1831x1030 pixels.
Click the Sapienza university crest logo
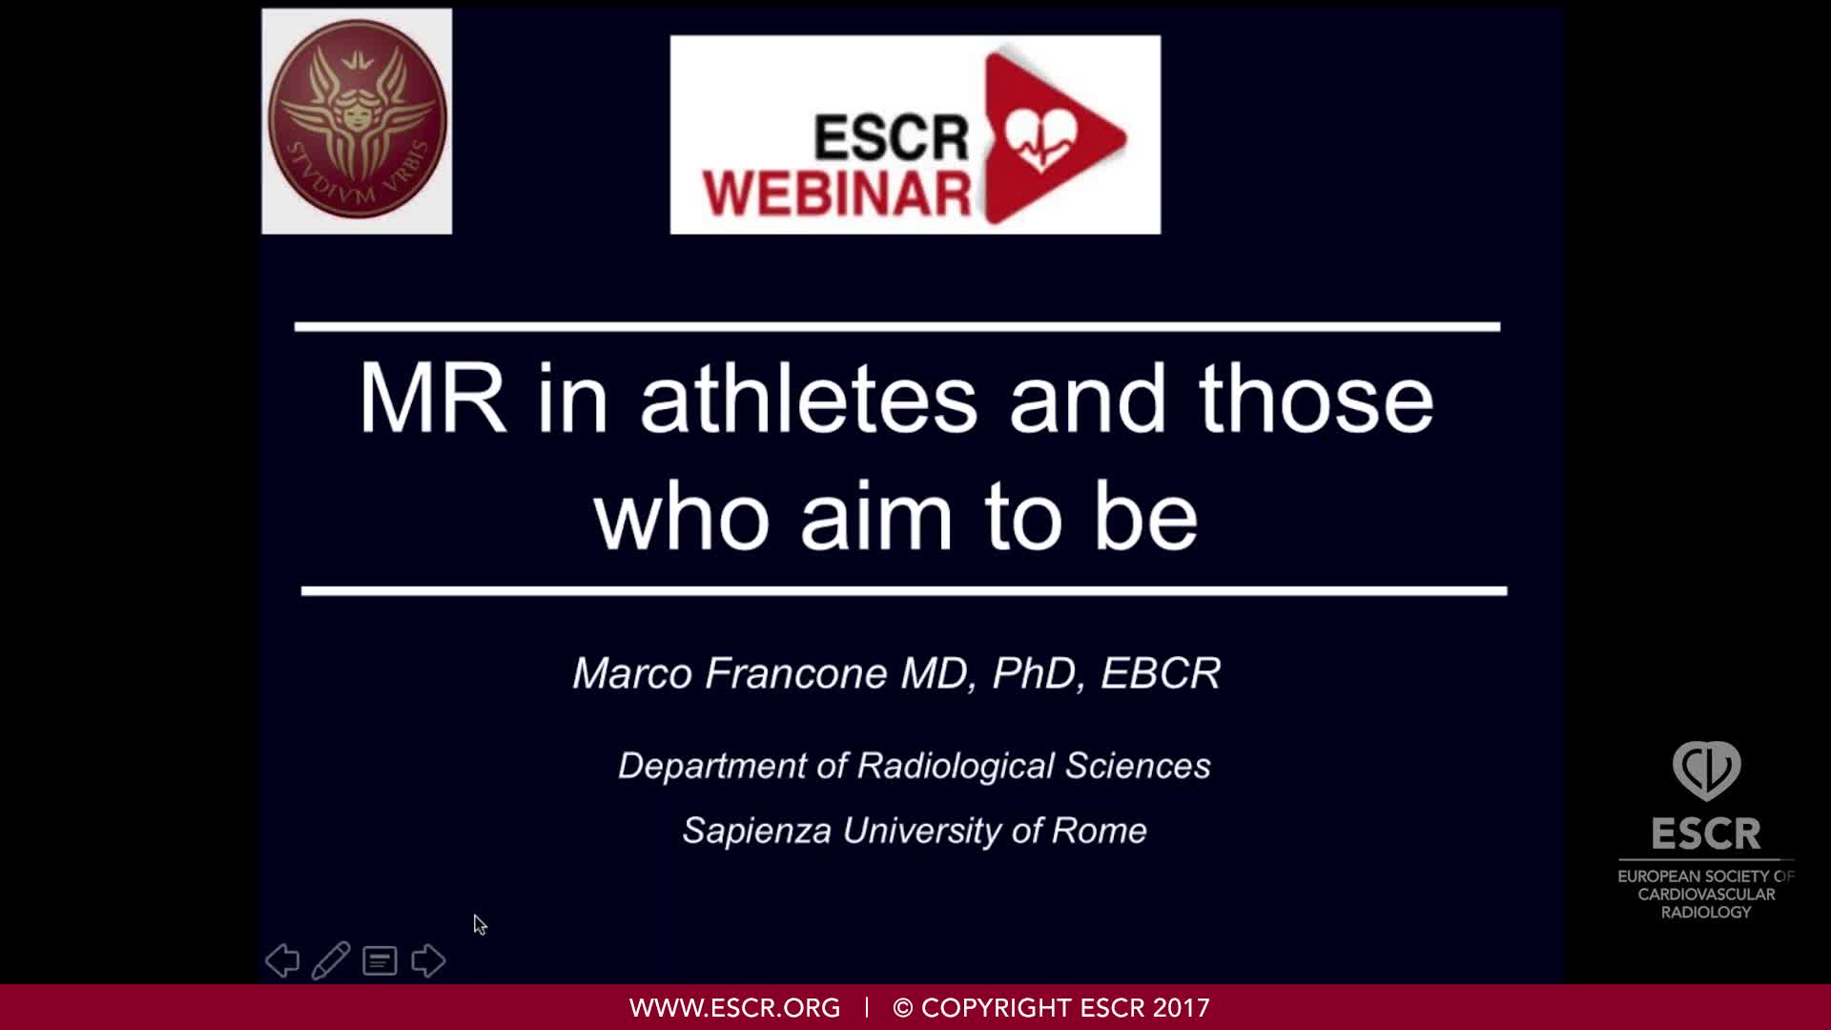pyautogui.click(x=357, y=121)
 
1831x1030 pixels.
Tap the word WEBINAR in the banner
pyautogui.click(x=836, y=193)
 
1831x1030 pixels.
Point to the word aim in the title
pyautogui.click(x=876, y=518)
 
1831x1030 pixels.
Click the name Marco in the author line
pyautogui.click(x=632, y=673)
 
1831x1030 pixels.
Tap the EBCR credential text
pyautogui.click(x=1161, y=673)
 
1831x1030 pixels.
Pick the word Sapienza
pyautogui.click(x=757, y=831)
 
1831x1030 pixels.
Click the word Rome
pyautogui.click(x=1099, y=831)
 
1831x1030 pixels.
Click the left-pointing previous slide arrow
pyautogui.click(x=282, y=960)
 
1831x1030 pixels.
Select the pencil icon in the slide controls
pyautogui.click(x=330, y=960)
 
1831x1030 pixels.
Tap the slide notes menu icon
pyautogui.click(x=380, y=960)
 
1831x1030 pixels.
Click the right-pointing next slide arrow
pyautogui.click(x=428, y=960)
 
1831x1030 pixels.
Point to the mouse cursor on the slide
pyautogui.click(x=480, y=924)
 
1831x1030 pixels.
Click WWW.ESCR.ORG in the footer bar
pyautogui.click(x=734, y=1008)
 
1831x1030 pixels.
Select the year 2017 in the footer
pyautogui.click(x=1181, y=1008)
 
